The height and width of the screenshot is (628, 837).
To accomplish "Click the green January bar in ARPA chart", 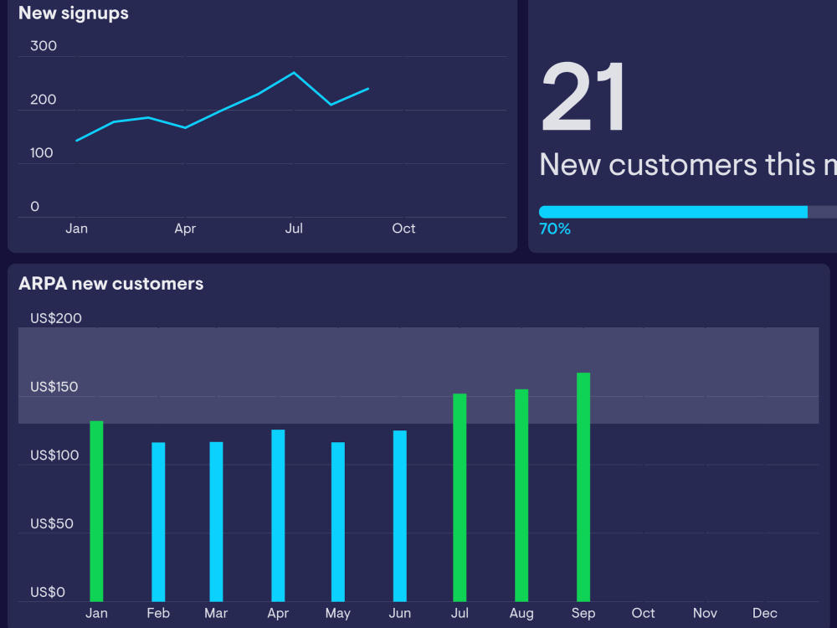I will [96, 511].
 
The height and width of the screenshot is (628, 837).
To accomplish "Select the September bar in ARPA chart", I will [583, 487].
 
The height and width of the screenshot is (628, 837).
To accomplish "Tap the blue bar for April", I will [278, 515].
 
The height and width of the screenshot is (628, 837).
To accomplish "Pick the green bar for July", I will [460, 497].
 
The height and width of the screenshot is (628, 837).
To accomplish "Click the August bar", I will [521, 495].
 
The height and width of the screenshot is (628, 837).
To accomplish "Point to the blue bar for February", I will [158, 522].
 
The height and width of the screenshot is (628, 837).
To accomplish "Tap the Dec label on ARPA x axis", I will [764, 613].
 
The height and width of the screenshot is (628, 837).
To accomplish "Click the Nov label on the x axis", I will [705, 613].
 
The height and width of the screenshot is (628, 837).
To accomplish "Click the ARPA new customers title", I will [110, 284].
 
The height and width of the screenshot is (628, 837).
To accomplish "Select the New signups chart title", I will [74, 13].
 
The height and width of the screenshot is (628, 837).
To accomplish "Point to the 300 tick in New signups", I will [44, 46].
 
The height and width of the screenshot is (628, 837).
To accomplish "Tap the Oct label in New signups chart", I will [403, 229].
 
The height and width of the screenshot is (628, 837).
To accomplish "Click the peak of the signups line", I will [294, 73].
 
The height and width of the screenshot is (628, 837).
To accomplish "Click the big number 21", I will [583, 98].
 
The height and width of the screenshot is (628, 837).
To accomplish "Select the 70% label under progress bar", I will [555, 229].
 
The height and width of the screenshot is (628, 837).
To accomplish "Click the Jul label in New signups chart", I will [294, 229].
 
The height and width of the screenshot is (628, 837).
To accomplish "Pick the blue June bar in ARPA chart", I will [400, 516].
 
